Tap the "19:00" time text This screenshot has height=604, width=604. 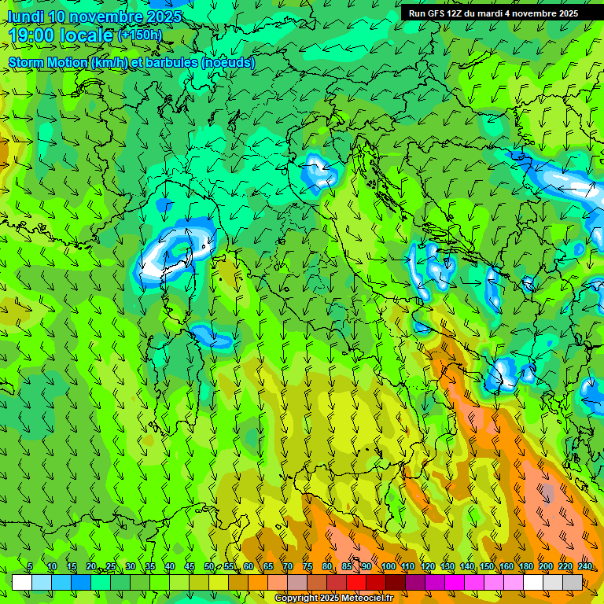31,35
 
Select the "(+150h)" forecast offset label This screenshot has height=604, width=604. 140,35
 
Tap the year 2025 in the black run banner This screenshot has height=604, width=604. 564,13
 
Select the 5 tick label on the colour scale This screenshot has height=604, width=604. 30,567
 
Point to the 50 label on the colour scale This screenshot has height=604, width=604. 209,567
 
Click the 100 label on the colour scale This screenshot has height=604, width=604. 389,567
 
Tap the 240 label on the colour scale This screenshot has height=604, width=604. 585,567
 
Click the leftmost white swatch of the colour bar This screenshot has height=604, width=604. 22,582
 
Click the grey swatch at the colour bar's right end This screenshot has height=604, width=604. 573,582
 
